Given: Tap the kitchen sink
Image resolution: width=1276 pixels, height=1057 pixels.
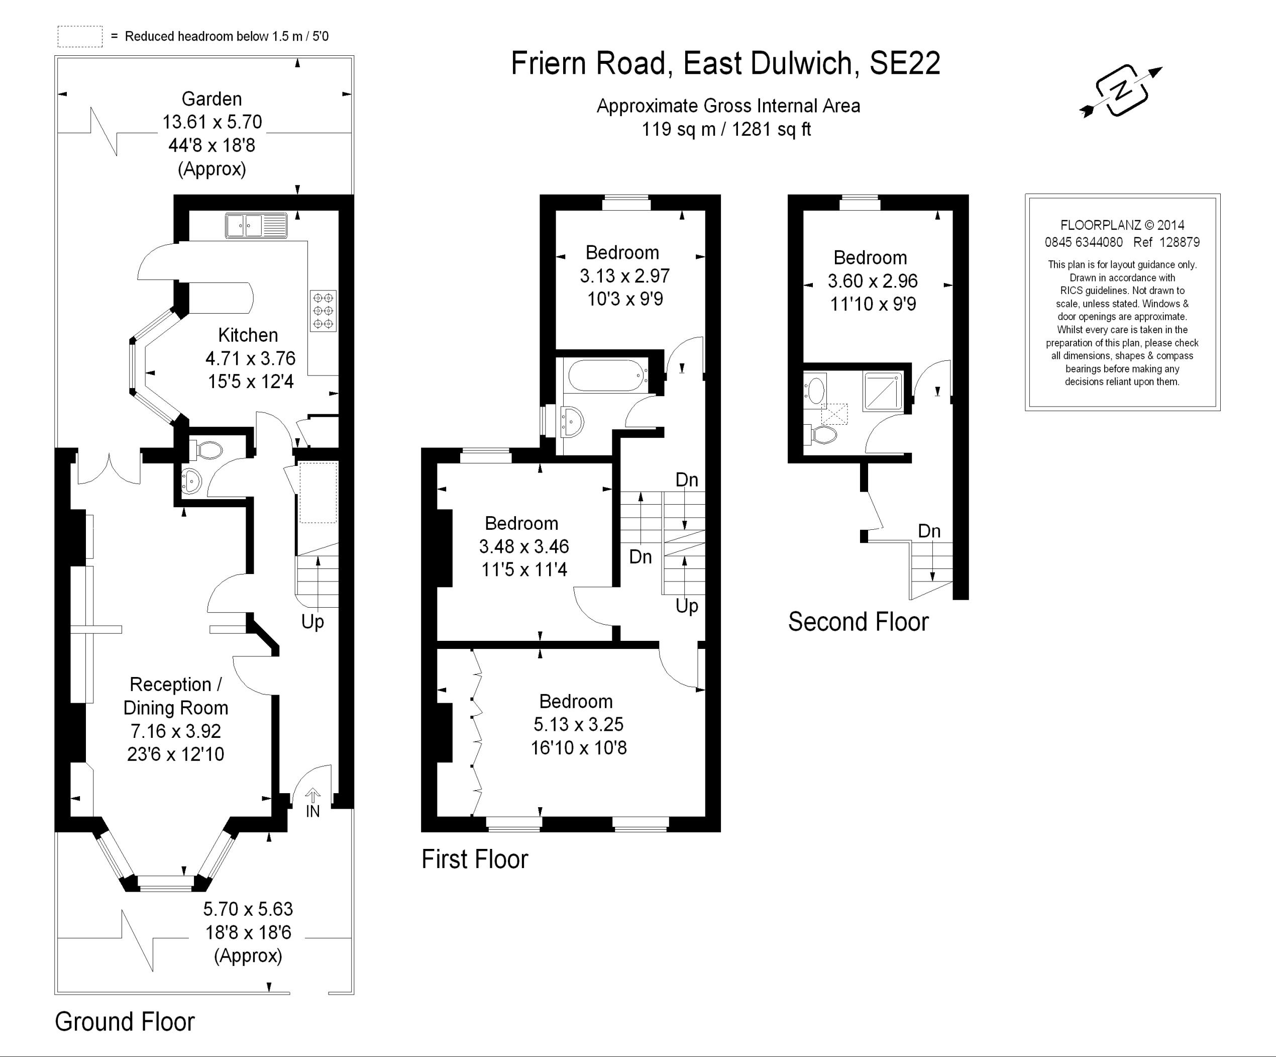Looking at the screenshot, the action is point(256,226).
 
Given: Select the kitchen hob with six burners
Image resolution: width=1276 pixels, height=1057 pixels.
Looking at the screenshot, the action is point(323,311).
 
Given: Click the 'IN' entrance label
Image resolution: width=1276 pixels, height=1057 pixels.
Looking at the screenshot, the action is point(312,811).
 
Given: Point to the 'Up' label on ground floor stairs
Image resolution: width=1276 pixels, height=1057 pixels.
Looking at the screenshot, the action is point(312,622).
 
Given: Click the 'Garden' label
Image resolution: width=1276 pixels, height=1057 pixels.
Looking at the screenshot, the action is point(211,99).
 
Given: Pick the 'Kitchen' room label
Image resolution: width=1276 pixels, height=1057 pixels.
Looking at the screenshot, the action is point(248,335).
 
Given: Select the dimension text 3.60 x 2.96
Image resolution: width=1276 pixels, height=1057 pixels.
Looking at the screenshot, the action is point(873,281).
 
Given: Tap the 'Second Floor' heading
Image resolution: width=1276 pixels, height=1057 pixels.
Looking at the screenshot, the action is point(858,622).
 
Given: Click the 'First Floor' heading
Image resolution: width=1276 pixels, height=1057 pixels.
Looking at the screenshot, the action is point(475,859).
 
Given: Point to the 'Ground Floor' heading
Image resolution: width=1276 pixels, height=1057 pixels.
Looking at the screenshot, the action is point(125,1022).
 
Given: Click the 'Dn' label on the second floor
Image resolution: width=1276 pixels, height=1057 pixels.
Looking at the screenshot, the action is point(929,531).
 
